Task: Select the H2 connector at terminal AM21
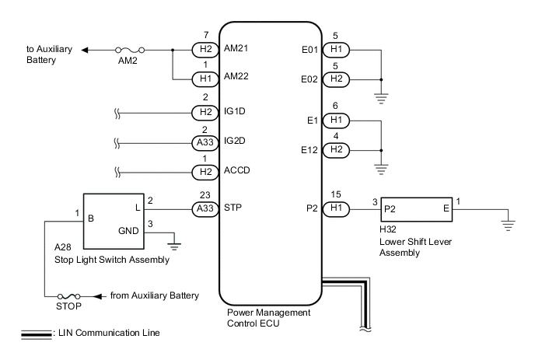(x=205, y=51)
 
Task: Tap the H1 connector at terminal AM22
(x=205, y=79)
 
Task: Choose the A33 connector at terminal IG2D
(x=205, y=144)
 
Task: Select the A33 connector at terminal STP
(x=205, y=209)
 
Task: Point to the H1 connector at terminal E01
(x=338, y=51)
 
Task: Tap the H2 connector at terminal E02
(x=338, y=79)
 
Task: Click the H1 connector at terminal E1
(x=338, y=120)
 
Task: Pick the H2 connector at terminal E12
(x=338, y=149)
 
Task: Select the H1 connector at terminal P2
(x=338, y=209)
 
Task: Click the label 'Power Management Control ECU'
(x=268, y=316)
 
